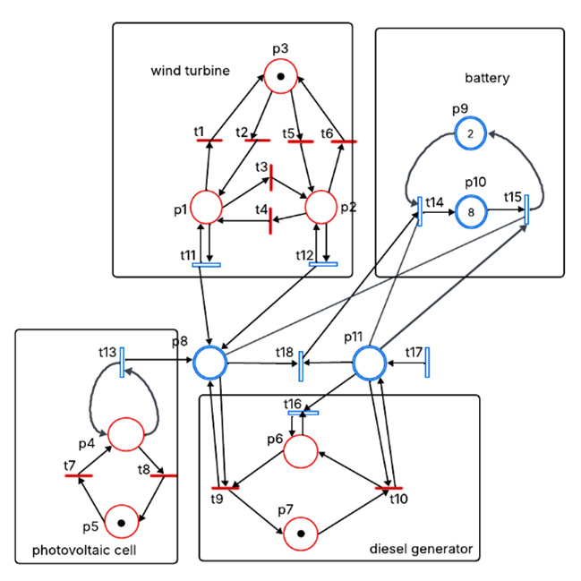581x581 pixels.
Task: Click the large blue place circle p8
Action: [209, 363]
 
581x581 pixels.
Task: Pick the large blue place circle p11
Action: [369, 363]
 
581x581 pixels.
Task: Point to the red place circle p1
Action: [207, 207]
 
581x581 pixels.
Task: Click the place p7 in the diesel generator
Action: [301, 534]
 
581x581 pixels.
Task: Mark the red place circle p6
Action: [301, 451]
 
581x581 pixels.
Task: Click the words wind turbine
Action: [191, 70]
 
